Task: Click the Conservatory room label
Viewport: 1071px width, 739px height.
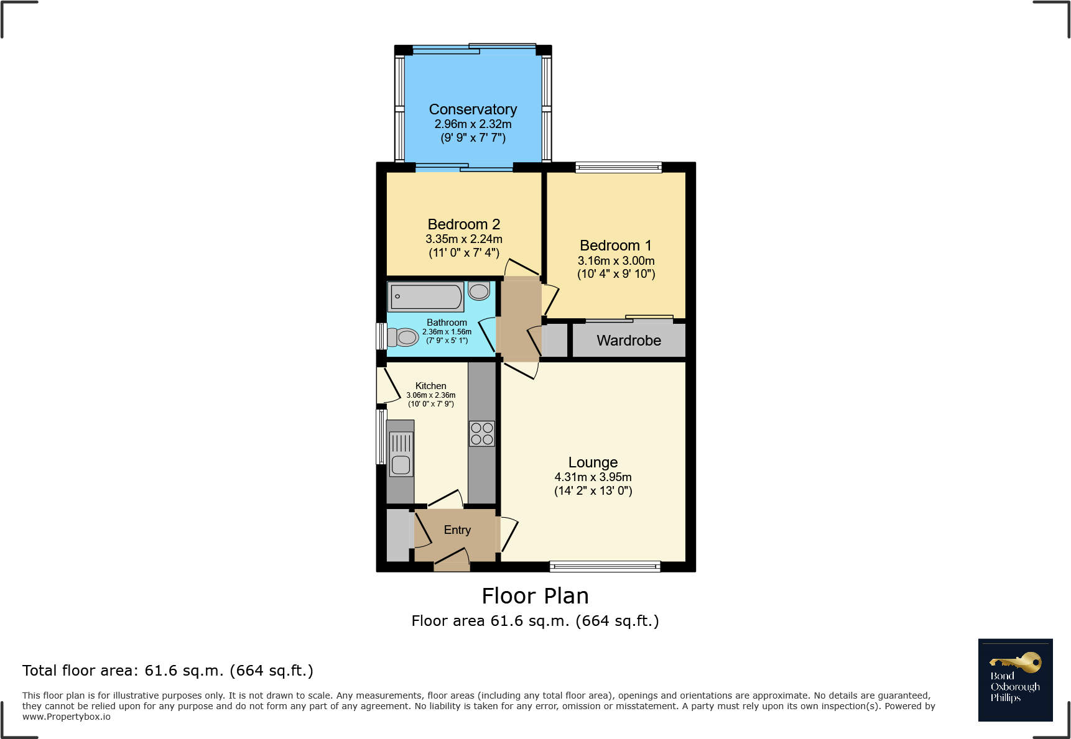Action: [473, 109]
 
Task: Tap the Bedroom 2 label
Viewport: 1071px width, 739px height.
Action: [464, 224]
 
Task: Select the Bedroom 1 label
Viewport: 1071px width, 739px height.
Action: [616, 246]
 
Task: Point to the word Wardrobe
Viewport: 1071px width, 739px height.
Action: [629, 341]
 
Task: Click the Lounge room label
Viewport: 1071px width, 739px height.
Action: [593, 462]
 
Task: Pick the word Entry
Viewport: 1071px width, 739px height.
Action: [457, 530]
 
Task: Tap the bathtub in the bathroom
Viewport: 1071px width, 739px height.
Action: [426, 296]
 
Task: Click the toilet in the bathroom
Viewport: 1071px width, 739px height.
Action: [402, 337]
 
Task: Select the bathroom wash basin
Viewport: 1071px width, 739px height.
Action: [479, 290]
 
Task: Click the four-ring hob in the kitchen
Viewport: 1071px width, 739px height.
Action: [482, 433]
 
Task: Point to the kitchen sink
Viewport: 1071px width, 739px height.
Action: [401, 453]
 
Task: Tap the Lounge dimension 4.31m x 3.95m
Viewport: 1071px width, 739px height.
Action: [593, 477]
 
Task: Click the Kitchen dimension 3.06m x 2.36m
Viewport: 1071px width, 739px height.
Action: [431, 395]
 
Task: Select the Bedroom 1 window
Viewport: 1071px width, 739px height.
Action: [618, 167]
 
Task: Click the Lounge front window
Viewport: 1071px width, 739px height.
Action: [605, 566]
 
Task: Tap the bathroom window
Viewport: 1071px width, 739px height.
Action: [381, 336]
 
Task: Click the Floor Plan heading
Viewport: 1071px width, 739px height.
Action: [535, 596]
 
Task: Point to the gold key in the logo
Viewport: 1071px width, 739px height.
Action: [1016, 663]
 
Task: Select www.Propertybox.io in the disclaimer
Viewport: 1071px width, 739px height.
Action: [67, 717]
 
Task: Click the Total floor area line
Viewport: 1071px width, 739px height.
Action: [168, 671]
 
